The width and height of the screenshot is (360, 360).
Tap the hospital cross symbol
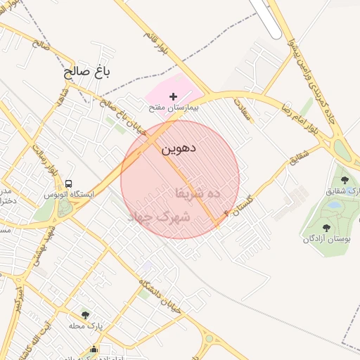pos(174,96)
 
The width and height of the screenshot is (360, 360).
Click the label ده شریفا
pos(198,191)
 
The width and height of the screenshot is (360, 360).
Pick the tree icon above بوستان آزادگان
pos(326,228)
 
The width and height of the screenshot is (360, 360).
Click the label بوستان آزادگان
pos(326,239)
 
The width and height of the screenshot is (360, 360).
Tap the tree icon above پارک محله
pos(86,315)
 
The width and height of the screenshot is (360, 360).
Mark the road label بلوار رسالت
pos(45,160)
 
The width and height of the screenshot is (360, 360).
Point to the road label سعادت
pos(241,110)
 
